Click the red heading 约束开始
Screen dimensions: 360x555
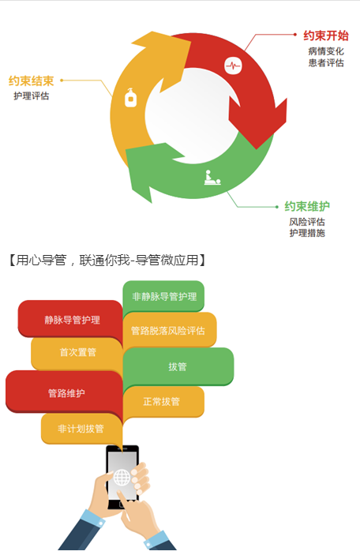click(x=326, y=36)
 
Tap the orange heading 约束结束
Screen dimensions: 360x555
click(x=31, y=81)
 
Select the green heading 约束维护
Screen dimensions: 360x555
click(x=307, y=206)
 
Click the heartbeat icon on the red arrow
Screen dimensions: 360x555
click(x=233, y=66)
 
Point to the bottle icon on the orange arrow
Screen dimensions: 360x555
click(x=130, y=97)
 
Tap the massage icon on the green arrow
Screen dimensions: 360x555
click(x=212, y=178)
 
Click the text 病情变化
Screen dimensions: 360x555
click(x=326, y=51)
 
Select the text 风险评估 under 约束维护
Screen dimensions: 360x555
click(x=307, y=222)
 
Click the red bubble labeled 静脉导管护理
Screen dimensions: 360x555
click(x=72, y=320)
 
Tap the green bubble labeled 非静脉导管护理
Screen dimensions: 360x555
click(x=164, y=296)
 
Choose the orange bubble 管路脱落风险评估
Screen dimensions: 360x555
click(x=169, y=330)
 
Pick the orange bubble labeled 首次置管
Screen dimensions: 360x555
click(x=77, y=353)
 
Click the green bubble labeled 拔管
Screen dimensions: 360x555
click(x=178, y=366)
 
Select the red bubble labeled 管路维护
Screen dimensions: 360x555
click(x=66, y=392)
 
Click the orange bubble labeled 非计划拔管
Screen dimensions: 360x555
click(x=81, y=429)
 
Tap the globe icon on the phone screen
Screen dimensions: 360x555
click(x=122, y=478)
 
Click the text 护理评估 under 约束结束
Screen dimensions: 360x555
click(x=31, y=96)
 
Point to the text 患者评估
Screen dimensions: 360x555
click(x=326, y=62)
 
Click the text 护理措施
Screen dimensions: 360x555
click(x=307, y=233)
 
